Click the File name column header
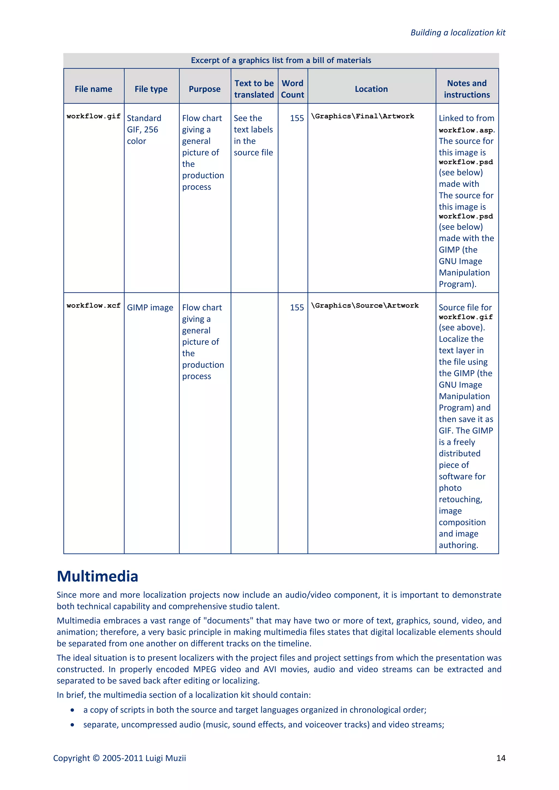(x=93, y=89)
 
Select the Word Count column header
(x=293, y=89)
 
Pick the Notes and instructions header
(x=467, y=89)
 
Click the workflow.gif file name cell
(x=93, y=116)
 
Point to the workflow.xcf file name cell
(x=93, y=306)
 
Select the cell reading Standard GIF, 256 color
(x=144, y=130)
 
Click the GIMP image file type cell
(x=150, y=308)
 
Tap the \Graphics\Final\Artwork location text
(x=362, y=116)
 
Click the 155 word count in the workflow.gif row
(x=297, y=118)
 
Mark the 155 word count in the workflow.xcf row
(x=297, y=308)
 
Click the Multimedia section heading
(x=97, y=576)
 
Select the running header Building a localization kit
(x=458, y=33)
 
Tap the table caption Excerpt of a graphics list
(x=281, y=61)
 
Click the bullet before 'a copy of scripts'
(x=72, y=710)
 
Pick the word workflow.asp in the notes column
(x=466, y=130)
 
